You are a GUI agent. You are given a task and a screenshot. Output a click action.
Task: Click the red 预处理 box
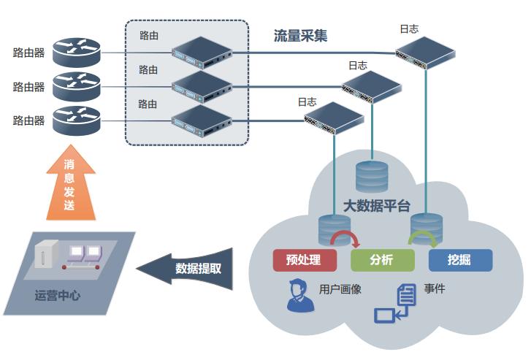click(x=305, y=260)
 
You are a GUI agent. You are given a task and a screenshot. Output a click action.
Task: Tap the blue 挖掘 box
click(x=459, y=260)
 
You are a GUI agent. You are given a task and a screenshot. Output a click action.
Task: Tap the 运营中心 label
click(x=57, y=296)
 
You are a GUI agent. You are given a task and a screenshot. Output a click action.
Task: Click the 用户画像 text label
click(x=340, y=289)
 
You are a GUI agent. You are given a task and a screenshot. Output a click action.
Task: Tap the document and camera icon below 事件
click(x=395, y=305)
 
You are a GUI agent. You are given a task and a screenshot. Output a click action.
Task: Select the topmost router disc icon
click(x=76, y=51)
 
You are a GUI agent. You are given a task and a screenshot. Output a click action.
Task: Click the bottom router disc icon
click(x=76, y=120)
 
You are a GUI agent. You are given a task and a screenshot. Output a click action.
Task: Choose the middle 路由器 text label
click(x=29, y=87)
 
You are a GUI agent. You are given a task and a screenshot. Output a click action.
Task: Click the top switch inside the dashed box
click(x=201, y=51)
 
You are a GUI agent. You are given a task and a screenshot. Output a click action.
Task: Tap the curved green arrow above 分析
click(x=419, y=238)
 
